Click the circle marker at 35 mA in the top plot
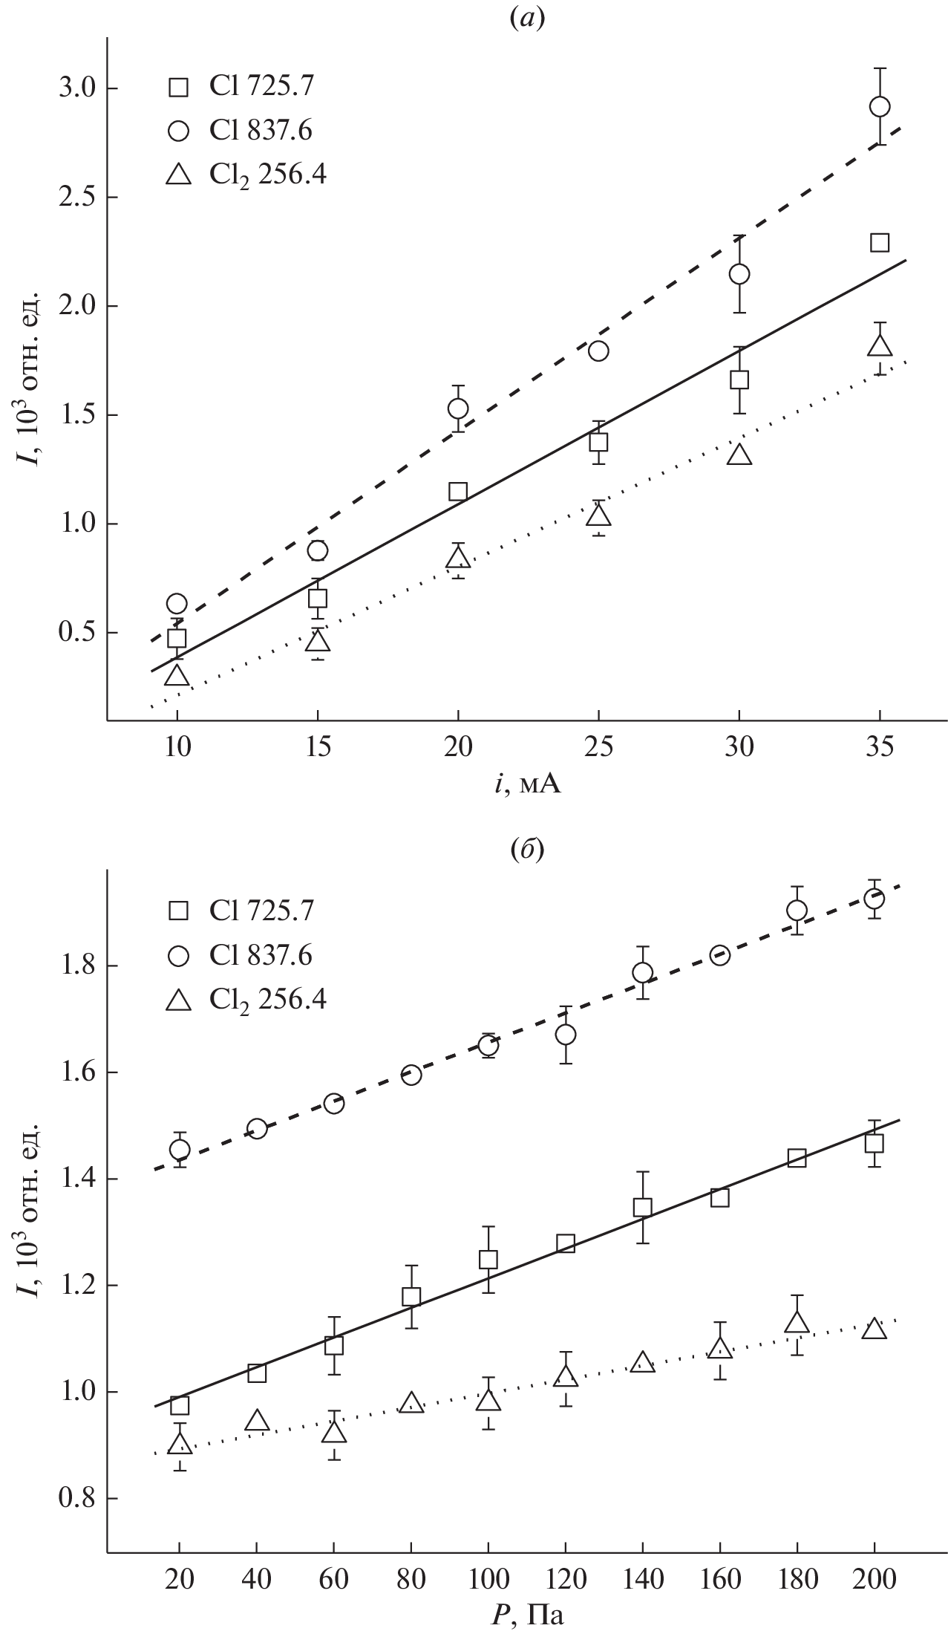point(880,107)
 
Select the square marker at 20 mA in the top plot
point(458,492)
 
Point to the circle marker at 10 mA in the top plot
point(177,603)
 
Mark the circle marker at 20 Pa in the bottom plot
point(180,1149)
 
